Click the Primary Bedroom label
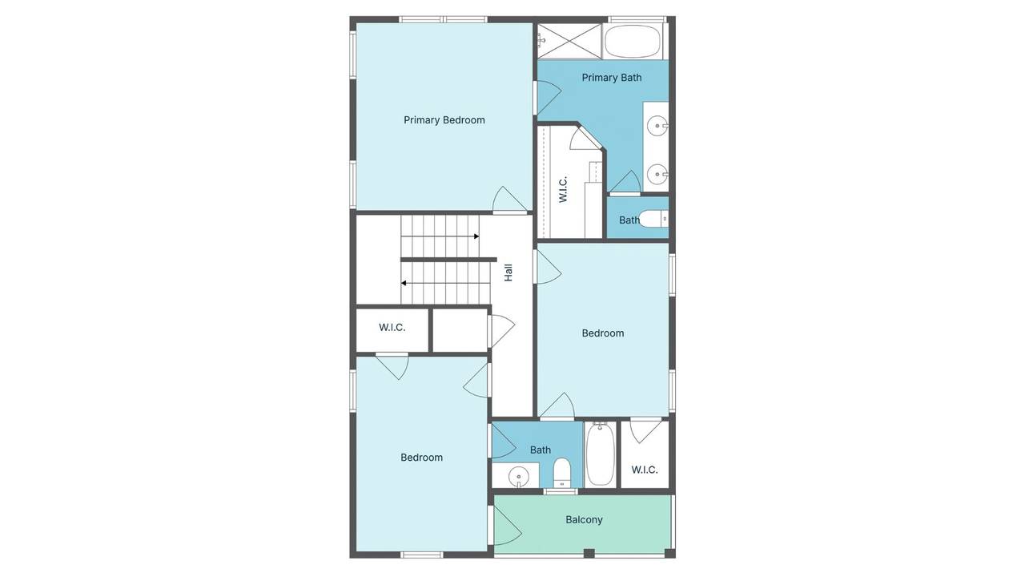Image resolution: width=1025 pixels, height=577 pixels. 444,120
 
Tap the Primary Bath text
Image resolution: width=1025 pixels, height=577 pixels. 611,78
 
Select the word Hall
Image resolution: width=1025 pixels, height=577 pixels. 508,272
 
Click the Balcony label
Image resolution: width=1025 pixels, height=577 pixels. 584,520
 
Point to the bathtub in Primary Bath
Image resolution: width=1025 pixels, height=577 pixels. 633,40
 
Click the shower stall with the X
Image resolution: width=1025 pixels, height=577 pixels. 569,41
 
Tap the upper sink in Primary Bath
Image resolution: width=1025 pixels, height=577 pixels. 657,126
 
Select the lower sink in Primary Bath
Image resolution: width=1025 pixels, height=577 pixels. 657,175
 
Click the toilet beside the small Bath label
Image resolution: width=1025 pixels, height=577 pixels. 653,219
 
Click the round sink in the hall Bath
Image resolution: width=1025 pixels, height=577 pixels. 518,477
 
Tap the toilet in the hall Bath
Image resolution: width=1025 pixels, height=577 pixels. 561,473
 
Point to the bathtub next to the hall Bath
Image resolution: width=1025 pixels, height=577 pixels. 601,454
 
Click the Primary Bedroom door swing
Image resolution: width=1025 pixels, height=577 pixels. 509,200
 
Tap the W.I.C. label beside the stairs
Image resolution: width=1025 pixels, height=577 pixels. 392,328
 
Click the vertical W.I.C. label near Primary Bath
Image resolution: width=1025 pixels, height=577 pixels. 563,189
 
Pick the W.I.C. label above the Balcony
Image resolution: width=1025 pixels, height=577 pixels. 645,470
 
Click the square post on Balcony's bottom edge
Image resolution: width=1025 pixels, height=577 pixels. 589,553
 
